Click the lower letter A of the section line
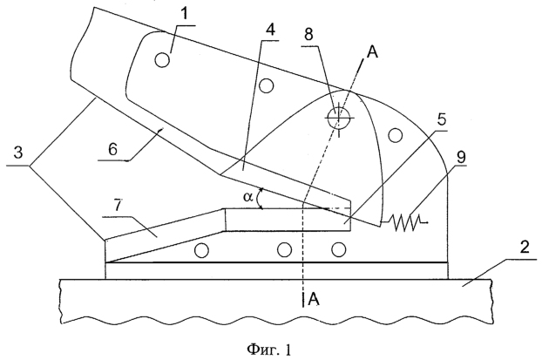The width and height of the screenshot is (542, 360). (x=315, y=300)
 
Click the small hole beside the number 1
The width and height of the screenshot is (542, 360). (x=160, y=60)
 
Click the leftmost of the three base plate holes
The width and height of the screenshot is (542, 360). (x=202, y=251)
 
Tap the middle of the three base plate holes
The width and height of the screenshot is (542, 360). (x=284, y=251)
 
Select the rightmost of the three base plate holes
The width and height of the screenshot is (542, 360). (x=339, y=251)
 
